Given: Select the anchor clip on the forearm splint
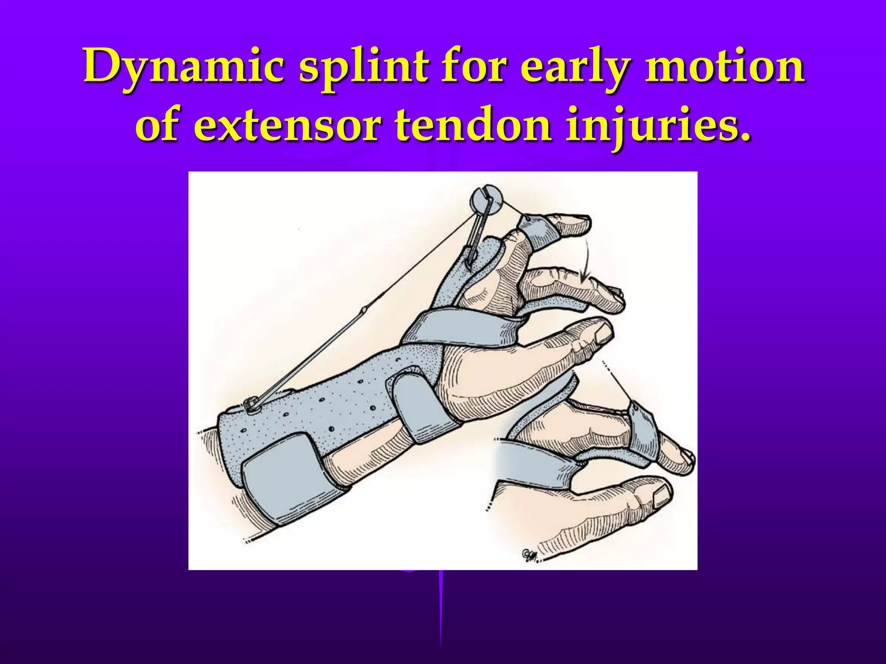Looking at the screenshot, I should click(x=250, y=405).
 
